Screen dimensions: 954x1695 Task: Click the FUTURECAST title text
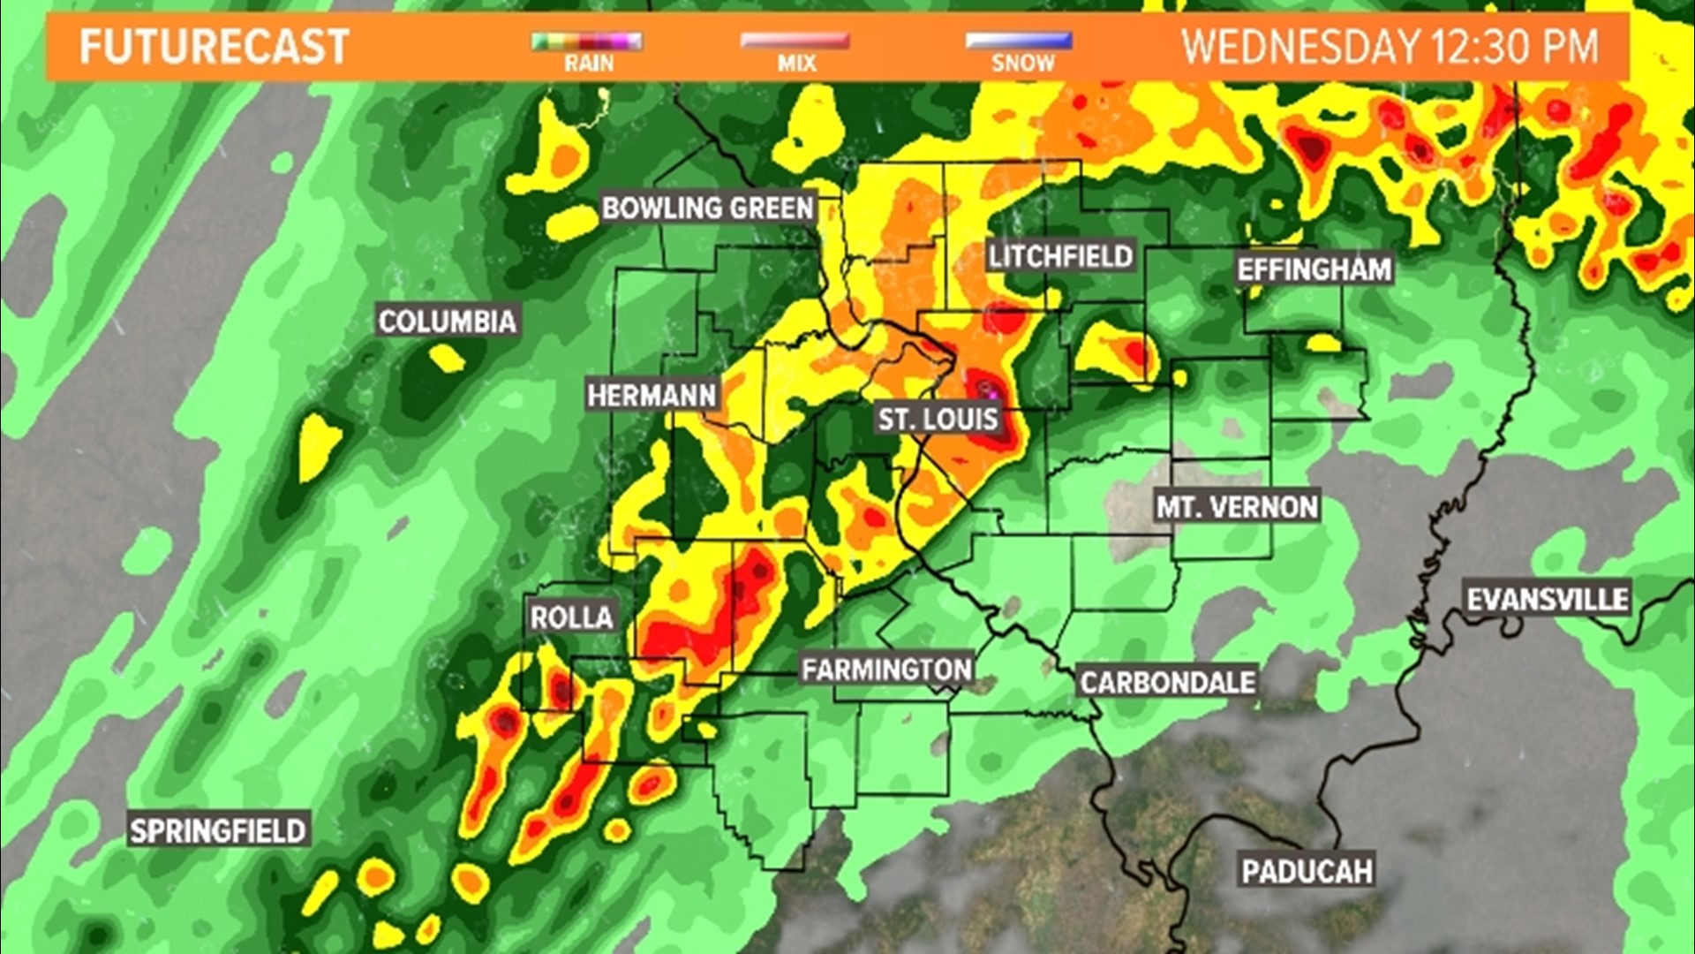(x=215, y=47)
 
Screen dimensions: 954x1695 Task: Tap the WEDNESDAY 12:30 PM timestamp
(x=1390, y=47)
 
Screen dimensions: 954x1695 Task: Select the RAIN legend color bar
(x=587, y=42)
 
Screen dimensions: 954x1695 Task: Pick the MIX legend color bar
(x=795, y=42)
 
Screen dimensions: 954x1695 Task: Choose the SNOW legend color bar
(x=1020, y=42)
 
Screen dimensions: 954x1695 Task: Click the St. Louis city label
(x=938, y=419)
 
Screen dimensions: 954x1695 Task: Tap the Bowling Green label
(x=707, y=208)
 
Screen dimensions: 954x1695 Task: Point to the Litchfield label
(x=1060, y=257)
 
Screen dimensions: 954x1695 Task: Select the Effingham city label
(x=1314, y=269)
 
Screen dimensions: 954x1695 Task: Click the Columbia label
(x=448, y=322)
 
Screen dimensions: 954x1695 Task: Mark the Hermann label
(x=652, y=395)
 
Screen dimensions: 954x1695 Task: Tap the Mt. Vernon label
(x=1237, y=507)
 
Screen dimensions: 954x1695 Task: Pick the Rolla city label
(x=571, y=617)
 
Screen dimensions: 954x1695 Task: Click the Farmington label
(x=886, y=670)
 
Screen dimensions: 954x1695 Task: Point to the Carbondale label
(x=1167, y=682)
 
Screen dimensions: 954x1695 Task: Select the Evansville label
(x=1548, y=600)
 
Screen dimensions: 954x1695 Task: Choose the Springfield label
(x=218, y=830)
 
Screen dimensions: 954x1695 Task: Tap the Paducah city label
(x=1307, y=871)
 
